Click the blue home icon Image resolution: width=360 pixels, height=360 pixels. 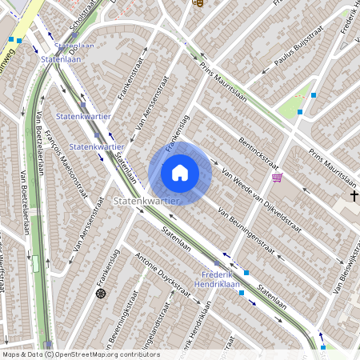click(x=180, y=173)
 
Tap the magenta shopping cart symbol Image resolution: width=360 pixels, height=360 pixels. click(x=277, y=178)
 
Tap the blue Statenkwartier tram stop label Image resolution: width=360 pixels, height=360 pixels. click(x=96, y=146)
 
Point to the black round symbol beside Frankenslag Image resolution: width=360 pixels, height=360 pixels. click(x=101, y=294)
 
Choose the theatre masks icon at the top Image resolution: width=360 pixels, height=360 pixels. click(x=198, y=2)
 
